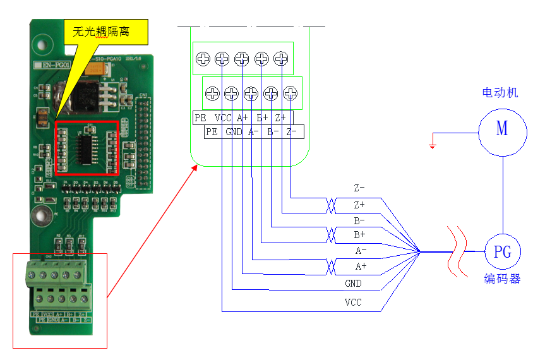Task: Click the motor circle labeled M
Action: pos(502,130)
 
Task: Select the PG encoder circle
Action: pos(503,253)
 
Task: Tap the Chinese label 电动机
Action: pos(500,93)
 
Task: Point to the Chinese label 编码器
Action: pos(503,279)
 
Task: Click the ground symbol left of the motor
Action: pos(432,143)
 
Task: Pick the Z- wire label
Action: pos(359,188)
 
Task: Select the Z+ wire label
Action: pos(359,205)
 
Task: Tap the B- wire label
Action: pos(359,221)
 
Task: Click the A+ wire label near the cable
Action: pos(360,267)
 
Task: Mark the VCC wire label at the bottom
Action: pos(353,303)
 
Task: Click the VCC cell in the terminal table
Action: pos(223,118)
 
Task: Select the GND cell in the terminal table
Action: pos(234,132)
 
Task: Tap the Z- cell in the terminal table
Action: pos(292,132)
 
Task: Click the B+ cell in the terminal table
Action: pos(262,118)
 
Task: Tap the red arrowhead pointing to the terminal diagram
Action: pos(194,165)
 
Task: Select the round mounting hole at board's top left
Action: pos(42,45)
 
